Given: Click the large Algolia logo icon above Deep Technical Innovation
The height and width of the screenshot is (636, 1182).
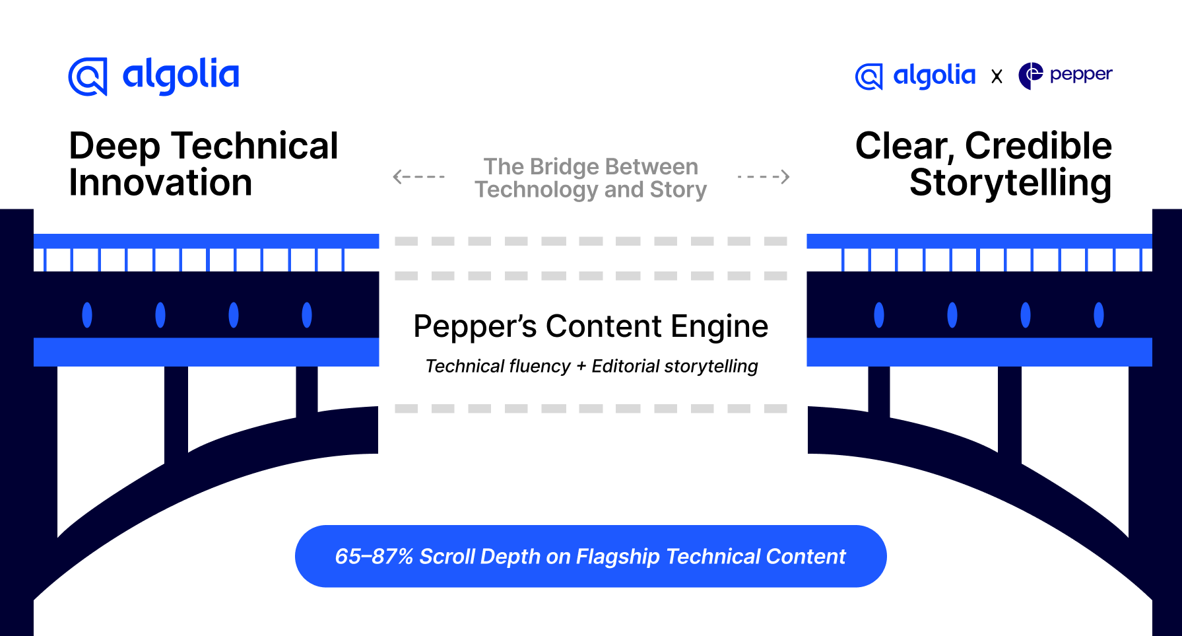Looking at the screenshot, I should pos(88,77).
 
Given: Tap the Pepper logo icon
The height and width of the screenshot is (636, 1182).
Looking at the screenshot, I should pos(1030,76).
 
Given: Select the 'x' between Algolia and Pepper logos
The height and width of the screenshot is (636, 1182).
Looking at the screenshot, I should pos(997,77).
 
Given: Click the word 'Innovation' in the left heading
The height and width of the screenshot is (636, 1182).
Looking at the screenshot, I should pos(160,183).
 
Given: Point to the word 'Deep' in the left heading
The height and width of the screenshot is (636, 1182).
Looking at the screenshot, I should pos(114,147).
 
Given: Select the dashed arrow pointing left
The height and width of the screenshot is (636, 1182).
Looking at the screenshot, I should pos(418,176).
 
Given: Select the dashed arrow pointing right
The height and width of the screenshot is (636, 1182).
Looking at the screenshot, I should pos(764,176).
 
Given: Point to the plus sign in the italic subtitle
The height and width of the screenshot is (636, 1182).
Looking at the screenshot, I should pos(581,367).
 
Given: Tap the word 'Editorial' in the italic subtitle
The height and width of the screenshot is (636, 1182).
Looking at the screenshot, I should pos(625,367).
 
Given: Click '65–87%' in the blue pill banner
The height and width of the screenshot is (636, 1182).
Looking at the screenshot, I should pos(374,557).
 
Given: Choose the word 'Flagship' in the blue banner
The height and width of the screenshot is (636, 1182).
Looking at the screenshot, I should pos(618,557).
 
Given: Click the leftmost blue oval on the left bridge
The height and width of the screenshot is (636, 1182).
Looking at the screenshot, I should pos(87,314).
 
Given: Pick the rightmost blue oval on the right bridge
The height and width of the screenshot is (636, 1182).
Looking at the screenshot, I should pos(1098,314).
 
